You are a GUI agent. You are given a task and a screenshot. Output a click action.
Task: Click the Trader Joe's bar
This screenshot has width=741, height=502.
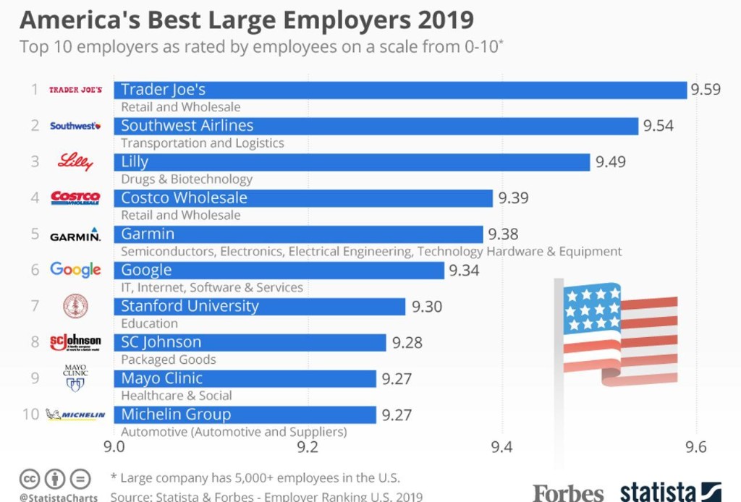pos(399,90)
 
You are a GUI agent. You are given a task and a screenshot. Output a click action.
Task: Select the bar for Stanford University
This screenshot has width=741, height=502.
pos(259,306)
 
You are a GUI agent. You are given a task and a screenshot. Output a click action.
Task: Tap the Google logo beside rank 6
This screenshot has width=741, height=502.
pos(75,270)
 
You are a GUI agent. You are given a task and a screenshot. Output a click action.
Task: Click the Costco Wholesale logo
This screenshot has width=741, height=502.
pos(75,197)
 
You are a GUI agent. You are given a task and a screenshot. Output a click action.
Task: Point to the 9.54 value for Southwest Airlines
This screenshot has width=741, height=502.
pos(659,126)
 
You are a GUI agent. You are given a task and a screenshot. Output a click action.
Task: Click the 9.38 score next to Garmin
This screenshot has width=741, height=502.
pos(503,234)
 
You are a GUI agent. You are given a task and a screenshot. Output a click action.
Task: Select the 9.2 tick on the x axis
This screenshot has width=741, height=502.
pos(308,446)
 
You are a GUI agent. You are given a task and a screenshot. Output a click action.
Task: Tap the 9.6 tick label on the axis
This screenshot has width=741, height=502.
pos(696,446)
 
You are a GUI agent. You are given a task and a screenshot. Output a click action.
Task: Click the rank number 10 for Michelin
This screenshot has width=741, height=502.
pos(30,414)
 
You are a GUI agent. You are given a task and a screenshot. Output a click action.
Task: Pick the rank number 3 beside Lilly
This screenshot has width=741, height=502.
pos(34,161)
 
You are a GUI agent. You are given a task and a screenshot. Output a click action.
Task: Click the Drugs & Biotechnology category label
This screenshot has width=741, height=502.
pos(187,179)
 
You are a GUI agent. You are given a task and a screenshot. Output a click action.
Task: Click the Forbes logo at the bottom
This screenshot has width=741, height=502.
pos(568,493)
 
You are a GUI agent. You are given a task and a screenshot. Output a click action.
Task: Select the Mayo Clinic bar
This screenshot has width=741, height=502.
pos(245,378)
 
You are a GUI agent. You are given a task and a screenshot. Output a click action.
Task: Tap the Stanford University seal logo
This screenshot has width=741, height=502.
pos(75,306)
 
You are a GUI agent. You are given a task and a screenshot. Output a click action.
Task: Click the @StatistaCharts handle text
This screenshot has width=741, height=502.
pos(59,498)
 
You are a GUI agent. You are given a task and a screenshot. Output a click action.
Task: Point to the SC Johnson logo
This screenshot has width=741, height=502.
pos(75,341)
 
